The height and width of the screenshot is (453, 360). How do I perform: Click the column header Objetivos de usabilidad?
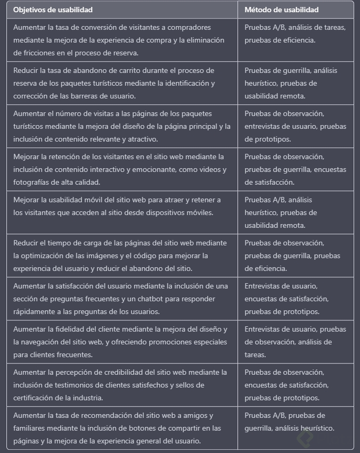(x=53, y=10)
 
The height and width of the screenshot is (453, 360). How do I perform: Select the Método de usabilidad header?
(x=281, y=10)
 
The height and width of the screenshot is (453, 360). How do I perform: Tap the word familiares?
(x=30, y=428)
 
